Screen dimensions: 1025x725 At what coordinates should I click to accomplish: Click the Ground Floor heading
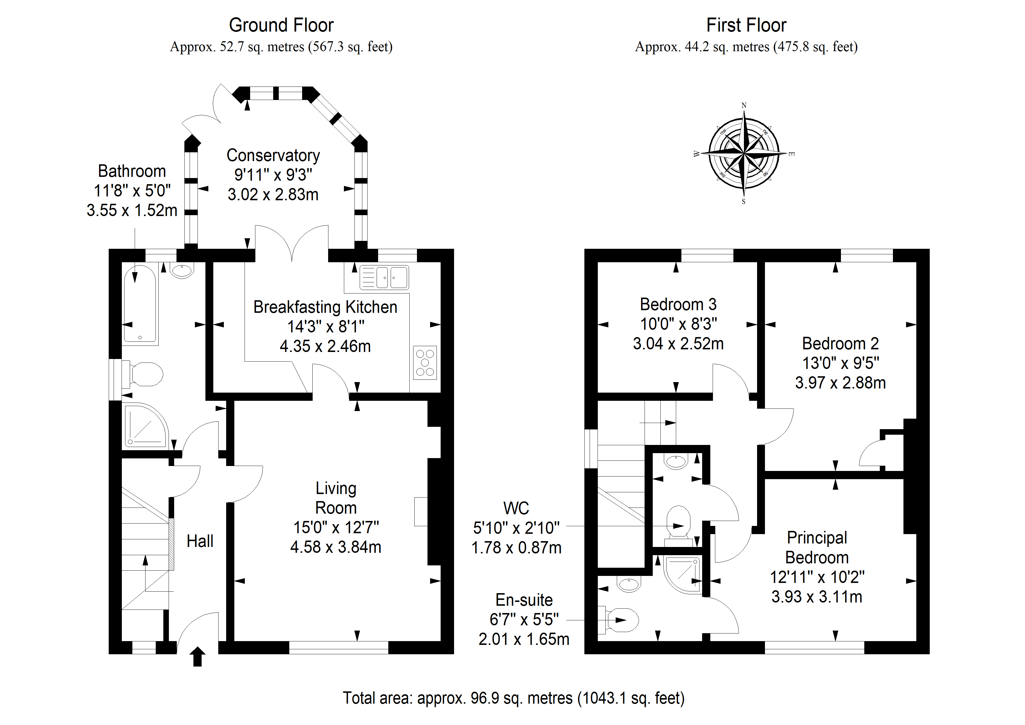[x=281, y=25]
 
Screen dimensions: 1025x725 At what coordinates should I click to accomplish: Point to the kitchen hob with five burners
[x=425, y=363]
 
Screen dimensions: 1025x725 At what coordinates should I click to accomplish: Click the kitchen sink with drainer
[x=384, y=277]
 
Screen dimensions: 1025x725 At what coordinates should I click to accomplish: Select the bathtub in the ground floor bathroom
[x=140, y=304]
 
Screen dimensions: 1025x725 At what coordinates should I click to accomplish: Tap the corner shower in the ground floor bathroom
[x=145, y=425]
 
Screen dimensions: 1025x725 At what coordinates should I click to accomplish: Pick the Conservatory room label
[x=273, y=156]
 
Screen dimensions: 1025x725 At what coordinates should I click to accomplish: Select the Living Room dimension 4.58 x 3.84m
[x=336, y=547]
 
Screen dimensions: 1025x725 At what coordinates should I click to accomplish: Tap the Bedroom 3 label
[x=678, y=304]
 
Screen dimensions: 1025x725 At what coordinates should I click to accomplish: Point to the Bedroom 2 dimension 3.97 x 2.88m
[x=840, y=383]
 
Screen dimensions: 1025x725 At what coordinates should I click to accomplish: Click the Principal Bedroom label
[x=817, y=548]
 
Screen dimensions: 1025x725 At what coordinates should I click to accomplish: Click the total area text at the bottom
[x=513, y=698]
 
